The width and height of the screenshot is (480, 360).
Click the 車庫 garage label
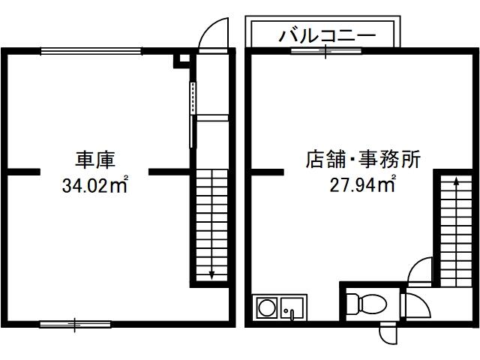tap(95, 160)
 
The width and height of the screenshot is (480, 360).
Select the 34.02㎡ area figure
tap(95, 184)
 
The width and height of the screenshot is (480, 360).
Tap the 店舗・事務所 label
tap(363, 159)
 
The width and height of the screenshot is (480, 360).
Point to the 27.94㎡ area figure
tap(363, 184)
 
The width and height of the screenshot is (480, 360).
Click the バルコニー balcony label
tap(327, 36)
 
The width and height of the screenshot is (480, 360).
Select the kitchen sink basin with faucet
tap(292, 308)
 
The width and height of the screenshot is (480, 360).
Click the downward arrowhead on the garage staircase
tap(211, 274)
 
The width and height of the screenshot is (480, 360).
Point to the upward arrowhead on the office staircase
tap(456, 181)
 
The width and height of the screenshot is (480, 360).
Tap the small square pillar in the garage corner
tap(181, 61)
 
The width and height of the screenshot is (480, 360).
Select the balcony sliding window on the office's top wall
tap(325, 51)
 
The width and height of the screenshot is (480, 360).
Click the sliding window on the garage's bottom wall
tap(75, 324)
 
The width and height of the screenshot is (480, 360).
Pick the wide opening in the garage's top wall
tap(91, 51)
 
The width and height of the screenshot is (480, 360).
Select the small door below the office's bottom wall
tap(388, 333)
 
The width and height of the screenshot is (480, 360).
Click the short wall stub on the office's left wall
tap(267, 172)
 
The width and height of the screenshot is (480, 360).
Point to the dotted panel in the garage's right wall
tap(193, 98)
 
